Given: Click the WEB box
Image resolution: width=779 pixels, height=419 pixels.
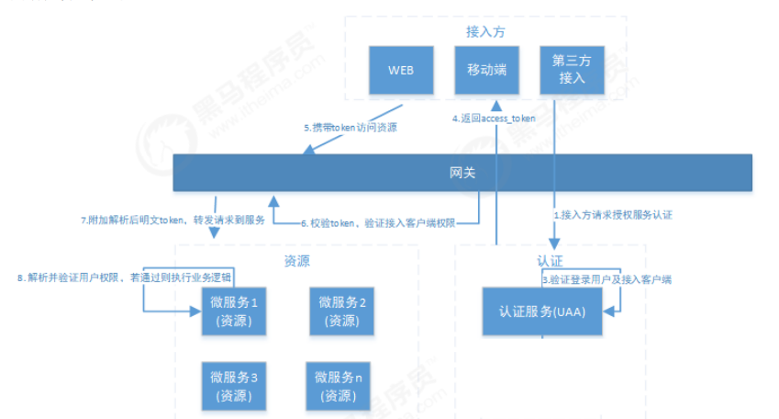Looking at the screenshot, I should click(400, 69).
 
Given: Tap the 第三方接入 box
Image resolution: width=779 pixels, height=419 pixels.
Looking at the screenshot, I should click(572, 69).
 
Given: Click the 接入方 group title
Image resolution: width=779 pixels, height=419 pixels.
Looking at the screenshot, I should click(485, 31).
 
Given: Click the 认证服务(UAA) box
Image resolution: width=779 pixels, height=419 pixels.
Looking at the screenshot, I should click(542, 311).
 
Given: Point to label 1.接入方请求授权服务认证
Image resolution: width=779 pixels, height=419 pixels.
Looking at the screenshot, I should click(612, 213).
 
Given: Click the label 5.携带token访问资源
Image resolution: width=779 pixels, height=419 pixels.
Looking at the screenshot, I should click(351, 128).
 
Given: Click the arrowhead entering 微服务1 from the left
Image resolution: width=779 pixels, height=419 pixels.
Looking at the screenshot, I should click(195, 311).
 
